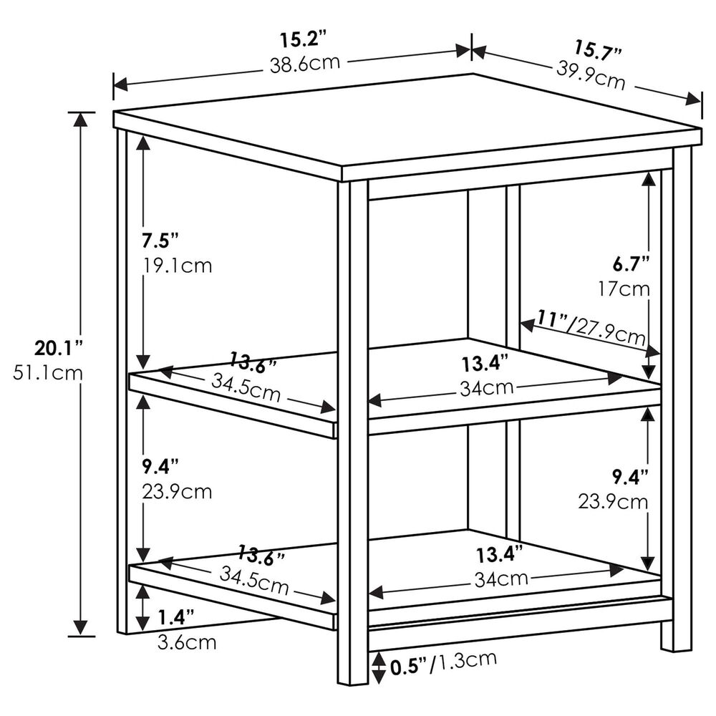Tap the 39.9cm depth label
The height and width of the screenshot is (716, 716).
coord(591,74)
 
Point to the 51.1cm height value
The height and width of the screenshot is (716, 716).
coord(48,373)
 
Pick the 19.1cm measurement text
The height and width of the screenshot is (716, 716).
coord(178,266)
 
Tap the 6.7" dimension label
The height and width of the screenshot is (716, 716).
coord(631,263)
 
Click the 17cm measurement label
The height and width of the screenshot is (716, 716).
coord(624,289)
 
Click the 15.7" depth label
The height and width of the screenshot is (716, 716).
coord(599,49)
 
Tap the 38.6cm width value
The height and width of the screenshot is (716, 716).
coord(305,63)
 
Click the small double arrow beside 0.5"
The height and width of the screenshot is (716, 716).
coord(379,667)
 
